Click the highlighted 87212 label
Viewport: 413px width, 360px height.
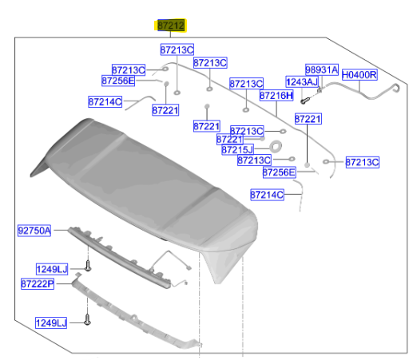171,26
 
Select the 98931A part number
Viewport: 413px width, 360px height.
322,69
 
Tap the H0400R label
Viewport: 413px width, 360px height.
359,75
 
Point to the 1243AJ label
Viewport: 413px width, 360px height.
302,82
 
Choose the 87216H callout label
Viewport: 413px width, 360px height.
276,95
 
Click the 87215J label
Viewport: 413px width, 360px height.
237,150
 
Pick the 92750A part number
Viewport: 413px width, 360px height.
34,231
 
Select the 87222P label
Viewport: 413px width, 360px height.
38,284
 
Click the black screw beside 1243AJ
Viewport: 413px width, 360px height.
305,101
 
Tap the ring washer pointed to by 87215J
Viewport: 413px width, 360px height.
276,146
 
